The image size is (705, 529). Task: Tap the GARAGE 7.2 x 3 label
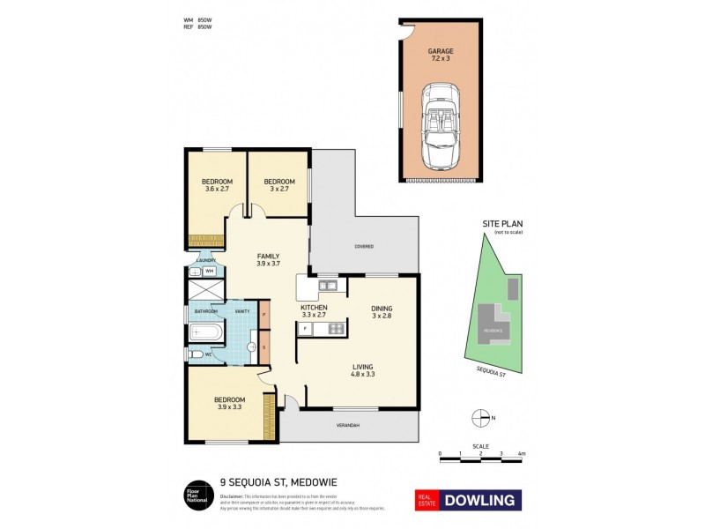point(441,55)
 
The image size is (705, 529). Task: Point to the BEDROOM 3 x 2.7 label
point(278,184)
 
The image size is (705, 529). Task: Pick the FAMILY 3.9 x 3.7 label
point(267,259)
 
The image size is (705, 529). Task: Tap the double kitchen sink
point(327,285)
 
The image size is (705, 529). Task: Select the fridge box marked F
point(305,329)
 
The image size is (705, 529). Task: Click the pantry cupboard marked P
point(264,315)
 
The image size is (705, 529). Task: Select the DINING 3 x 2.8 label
point(382,310)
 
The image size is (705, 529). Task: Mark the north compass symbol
point(480,417)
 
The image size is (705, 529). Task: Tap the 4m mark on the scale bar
point(521,454)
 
